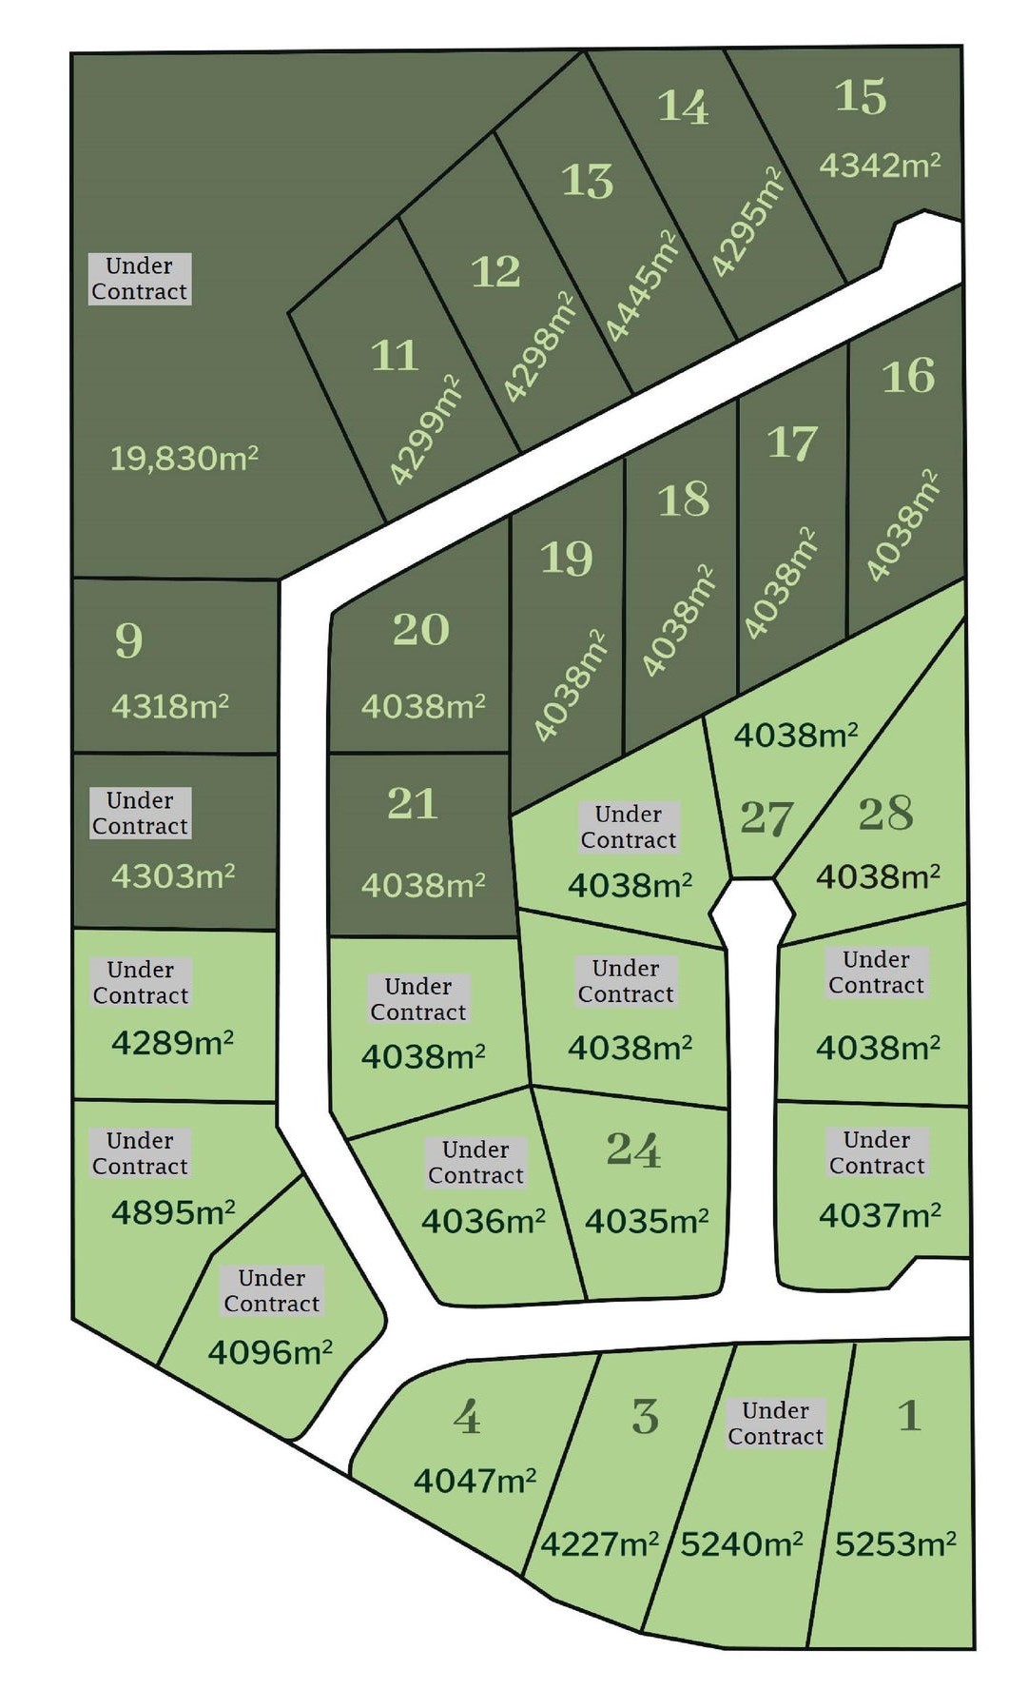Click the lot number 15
861,97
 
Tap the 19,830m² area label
184,459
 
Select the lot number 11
395,356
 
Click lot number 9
129,640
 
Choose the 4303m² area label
173,875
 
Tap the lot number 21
413,804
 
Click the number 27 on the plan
766,818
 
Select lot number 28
885,814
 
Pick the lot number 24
633,1150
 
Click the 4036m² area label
483,1221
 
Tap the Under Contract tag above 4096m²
272,1291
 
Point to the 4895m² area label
173,1212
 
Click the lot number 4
467,1418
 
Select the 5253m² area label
895,1543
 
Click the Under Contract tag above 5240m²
775,1424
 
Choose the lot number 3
646,1417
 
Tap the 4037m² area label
880,1214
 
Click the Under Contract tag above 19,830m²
140,279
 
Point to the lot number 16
908,376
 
